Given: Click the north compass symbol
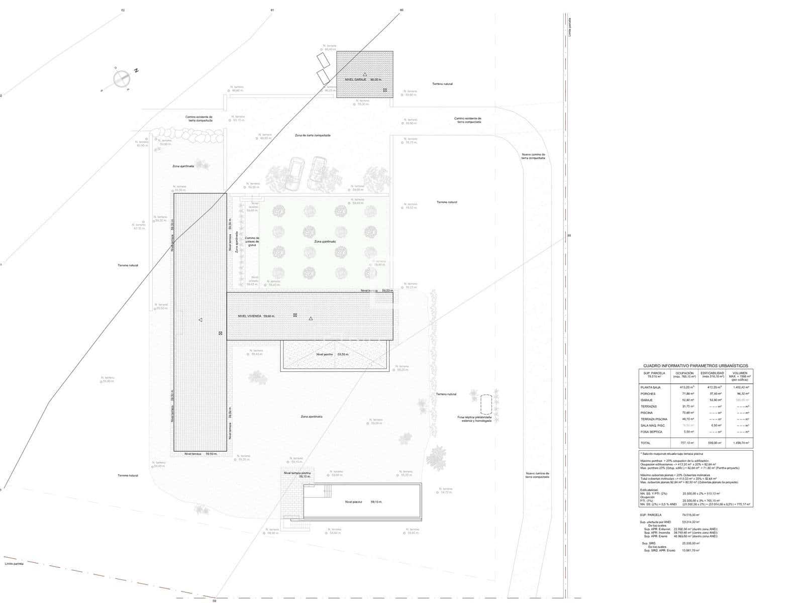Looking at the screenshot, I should coord(121,78).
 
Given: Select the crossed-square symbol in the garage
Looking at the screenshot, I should coord(385,90).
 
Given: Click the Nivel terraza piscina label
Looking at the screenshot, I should coord(297,473).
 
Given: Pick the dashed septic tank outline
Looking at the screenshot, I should coord(486,404).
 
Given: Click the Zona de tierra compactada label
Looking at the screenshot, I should coord(313,135).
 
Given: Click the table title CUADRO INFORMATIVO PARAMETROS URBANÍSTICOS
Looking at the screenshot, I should coord(695,366).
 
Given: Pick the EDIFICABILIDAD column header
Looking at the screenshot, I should coord(713,373).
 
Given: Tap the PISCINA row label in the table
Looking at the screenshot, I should coord(647,413).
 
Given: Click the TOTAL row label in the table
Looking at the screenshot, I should coord(645,443).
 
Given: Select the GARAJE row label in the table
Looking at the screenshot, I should coord(647,400).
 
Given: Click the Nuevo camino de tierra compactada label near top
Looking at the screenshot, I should coord(533,156).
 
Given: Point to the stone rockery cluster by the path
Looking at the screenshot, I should coord(187,134).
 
